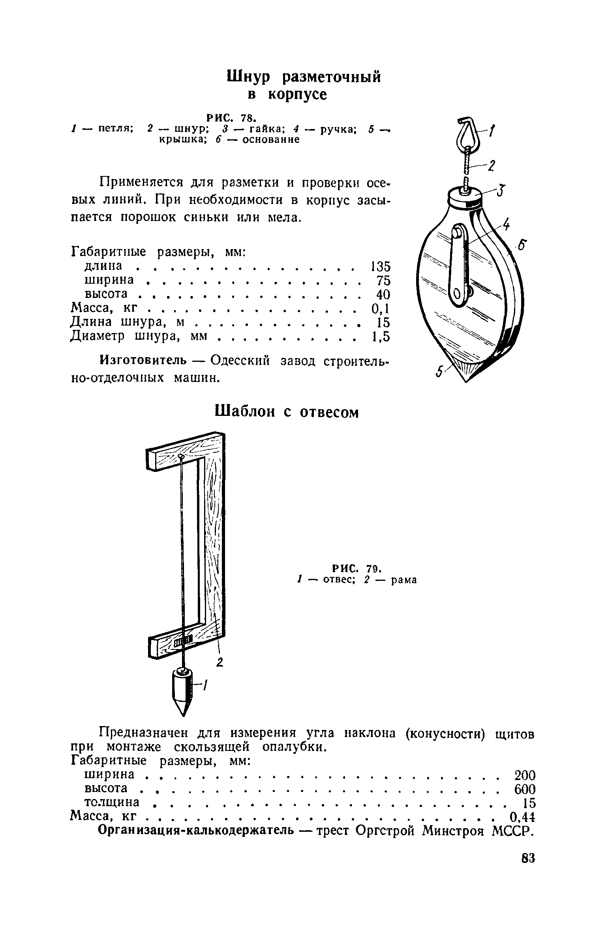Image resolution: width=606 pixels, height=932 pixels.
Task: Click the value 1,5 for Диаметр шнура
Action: click(x=381, y=337)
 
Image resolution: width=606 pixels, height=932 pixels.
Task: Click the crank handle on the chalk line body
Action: click(x=458, y=264)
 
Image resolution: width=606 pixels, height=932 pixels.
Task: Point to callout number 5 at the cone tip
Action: click(x=439, y=372)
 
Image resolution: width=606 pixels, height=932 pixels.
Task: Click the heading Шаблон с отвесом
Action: click(x=287, y=412)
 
